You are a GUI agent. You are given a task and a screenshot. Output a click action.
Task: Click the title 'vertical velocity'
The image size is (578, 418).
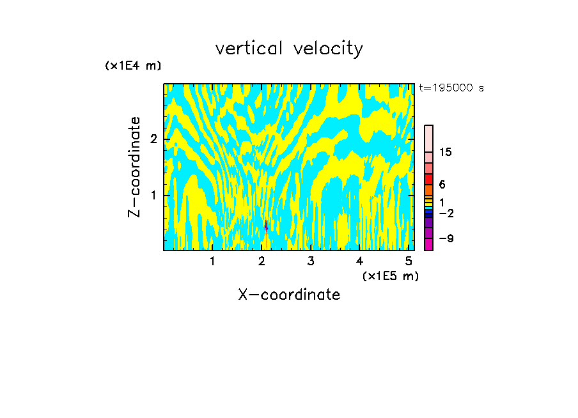pyautogui.click(x=289, y=49)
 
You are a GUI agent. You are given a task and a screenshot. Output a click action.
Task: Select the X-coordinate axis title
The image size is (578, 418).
pyautogui.click(x=289, y=295)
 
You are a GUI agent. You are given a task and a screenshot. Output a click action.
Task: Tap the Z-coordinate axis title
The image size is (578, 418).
pyautogui.click(x=134, y=167)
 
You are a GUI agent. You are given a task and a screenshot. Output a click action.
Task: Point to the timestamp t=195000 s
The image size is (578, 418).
pyautogui.click(x=451, y=88)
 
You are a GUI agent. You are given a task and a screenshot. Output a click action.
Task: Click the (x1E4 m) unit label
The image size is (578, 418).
pyautogui.click(x=133, y=66)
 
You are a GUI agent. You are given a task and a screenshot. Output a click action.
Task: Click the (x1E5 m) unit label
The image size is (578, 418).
pyautogui.click(x=390, y=275)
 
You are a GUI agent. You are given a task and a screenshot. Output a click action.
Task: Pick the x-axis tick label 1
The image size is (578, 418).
pyautogui.click(x=212, y=261)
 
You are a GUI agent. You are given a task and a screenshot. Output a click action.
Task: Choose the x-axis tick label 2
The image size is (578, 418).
pyautogui.click(x=262, y=261)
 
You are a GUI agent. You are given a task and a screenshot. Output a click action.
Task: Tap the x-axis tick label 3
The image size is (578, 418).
pyautogui.click(x=311, y=261)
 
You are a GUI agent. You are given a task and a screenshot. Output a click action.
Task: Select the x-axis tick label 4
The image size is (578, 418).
pyautogui.click(x=360, y=261)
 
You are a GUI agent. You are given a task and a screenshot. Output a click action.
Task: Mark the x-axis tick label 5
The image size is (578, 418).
pyautogui.click(x=409, y=261)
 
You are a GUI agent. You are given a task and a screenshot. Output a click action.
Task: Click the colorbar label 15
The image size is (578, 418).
pyautogui.click(x=446, y=152)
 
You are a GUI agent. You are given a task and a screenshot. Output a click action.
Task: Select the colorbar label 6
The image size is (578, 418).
pyautogui.click(x=442, y=185)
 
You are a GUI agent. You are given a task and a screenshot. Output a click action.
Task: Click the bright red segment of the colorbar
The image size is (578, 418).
pyautogui.click(x=429, y=180)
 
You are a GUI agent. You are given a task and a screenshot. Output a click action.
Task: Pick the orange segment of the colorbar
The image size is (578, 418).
pyautogui.click(x=429, y=190)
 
